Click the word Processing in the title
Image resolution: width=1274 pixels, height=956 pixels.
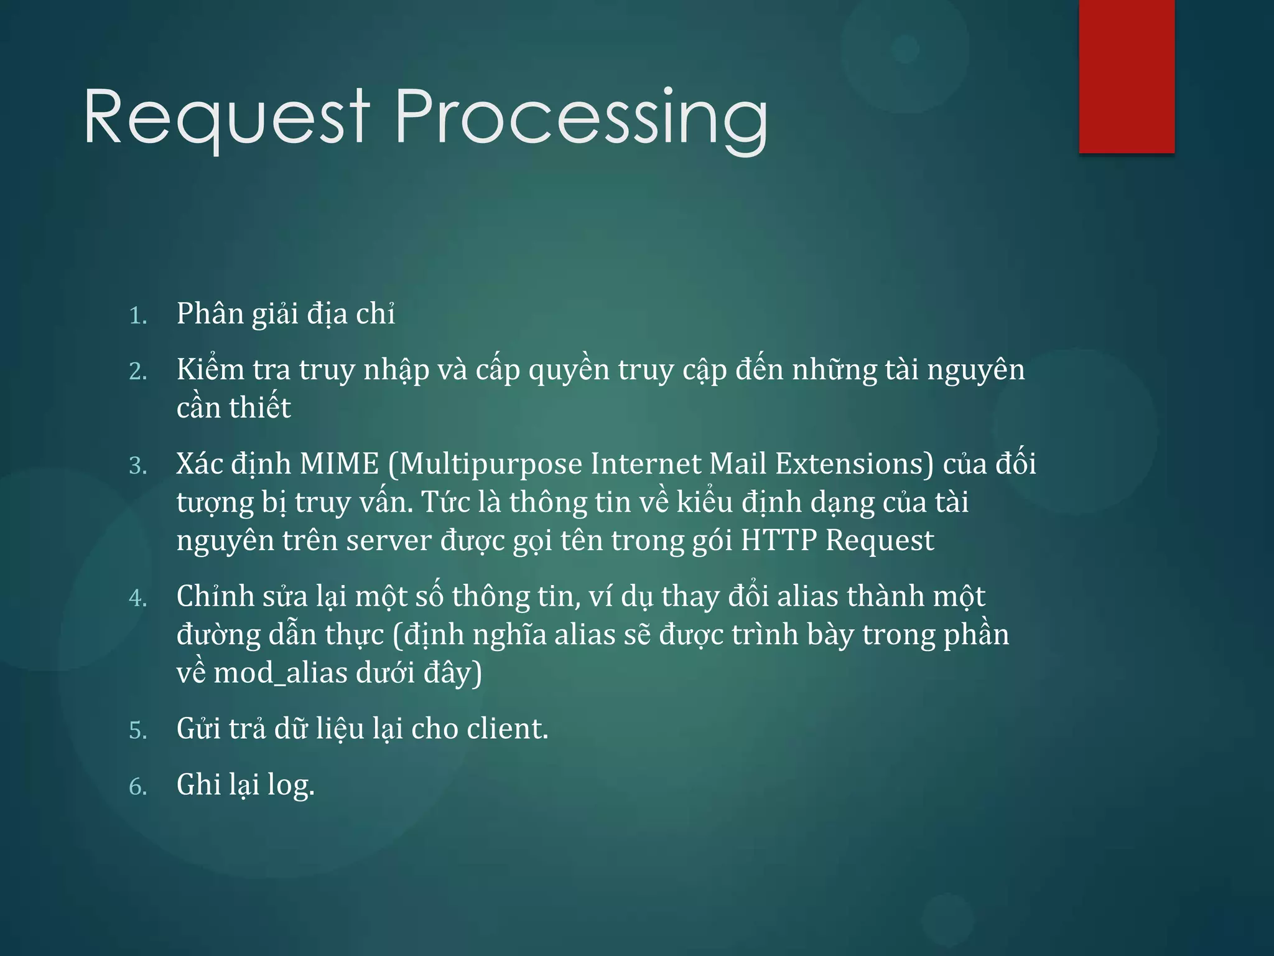tap(582, 118)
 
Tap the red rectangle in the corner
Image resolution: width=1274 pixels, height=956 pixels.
tap(1127, 76)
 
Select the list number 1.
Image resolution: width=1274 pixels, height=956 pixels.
tap(137, 316)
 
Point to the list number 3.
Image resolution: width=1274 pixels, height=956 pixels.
tap(137, 466)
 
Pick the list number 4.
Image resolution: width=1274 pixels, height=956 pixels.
tap(137, 599)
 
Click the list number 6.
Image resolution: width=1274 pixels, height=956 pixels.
tap(137, 787)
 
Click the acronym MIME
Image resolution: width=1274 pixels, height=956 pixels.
tap(339, 464)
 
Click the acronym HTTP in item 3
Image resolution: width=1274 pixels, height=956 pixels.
tap(778, 540)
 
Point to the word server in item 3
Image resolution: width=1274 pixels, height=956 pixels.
tap(388, 540)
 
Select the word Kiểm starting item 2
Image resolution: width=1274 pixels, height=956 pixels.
tap(210, 369)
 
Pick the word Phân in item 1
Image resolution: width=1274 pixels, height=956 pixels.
tap(210, 313)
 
